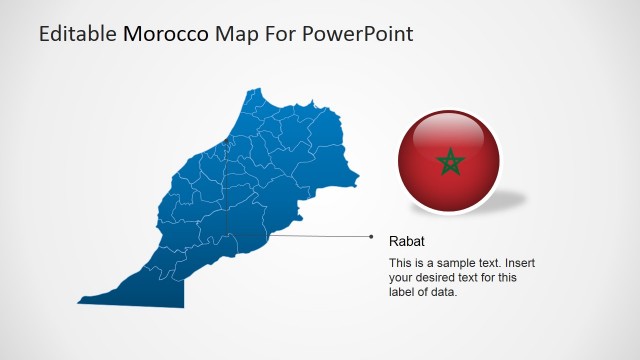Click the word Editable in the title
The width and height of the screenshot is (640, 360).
click(x=77, y=34)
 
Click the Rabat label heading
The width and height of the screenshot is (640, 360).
click(x=406, y=241)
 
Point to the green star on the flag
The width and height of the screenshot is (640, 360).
click(x=448, y=160)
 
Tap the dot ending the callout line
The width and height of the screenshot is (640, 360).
click(x=371, y=237)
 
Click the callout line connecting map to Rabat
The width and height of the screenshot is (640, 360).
click(x=320, y=237)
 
